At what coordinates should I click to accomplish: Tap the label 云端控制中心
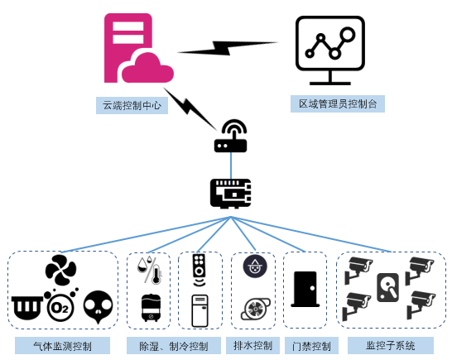[x=132, y=105]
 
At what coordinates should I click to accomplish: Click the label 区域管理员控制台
[x=338, y=103]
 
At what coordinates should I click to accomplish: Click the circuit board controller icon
[x=230, y=194]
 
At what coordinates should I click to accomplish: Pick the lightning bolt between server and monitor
[x=228, y=48]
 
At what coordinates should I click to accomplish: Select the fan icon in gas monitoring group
[x=60, y=270]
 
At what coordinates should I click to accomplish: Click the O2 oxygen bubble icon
[x=60, y=305]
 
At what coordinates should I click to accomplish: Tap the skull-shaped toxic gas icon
[x=98, y=307]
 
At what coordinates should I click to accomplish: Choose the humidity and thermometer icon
[x=150, y=270]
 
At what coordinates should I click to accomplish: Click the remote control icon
[x=200, y=270]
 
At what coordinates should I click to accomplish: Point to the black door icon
[x=305, y=290]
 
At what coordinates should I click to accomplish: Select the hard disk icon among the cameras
[x=388, y=287]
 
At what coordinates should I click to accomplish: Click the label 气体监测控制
[x=63, y=346]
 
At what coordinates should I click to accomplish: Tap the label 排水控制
[x=252, y=345]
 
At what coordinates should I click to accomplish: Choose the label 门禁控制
[x=311, y=346]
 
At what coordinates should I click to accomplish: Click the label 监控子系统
[x=391, y=345]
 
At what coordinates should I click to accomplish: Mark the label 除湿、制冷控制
[x=174, y=346]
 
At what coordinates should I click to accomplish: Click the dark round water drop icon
[x=255, y=266]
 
